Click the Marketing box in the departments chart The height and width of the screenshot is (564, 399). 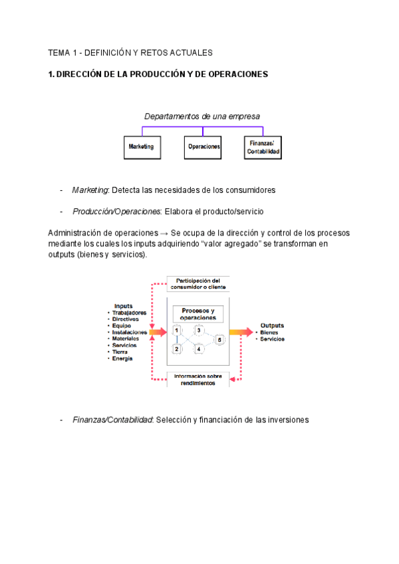pos(142,147)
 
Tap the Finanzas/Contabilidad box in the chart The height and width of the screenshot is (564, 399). pos(263,147)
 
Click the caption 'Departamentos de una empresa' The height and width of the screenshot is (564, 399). pos(202,116)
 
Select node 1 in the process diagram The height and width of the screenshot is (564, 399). pos(176,330)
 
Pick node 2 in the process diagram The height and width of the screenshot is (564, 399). pos(176,349)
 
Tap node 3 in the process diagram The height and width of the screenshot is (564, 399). pos(198,330)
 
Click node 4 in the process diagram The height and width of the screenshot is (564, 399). pos(198,349)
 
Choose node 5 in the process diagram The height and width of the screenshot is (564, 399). pos(220,339)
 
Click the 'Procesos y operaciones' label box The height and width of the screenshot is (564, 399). pos(198,314)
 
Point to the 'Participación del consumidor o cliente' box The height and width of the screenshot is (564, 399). pos(198,284)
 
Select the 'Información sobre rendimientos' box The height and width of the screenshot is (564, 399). pos(198,380)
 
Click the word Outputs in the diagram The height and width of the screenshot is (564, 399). pos(272,325)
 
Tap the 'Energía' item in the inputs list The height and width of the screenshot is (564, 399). pos(122,358)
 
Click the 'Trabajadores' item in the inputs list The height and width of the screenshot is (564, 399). pos(129,313)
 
